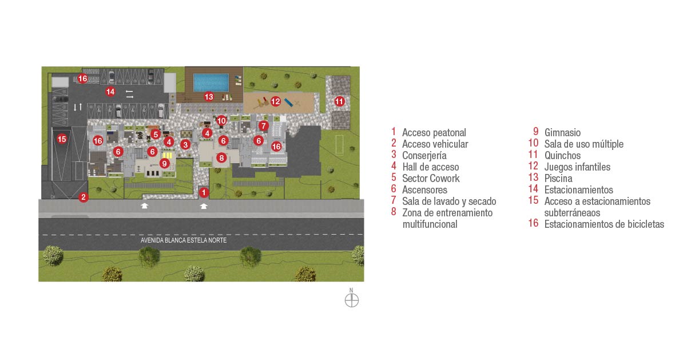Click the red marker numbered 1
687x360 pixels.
[x=204, y=193]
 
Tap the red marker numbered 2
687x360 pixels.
[x=83, y=197]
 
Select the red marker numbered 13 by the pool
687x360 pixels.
[x=209, y=97]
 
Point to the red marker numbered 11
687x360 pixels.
[x=339, y=101]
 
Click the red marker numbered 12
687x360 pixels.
[x=275, y=101]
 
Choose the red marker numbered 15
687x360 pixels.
[x=62, y=139]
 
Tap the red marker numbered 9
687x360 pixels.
[x=164, y=164]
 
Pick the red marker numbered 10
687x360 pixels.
[x=221, y=121]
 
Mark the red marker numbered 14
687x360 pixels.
[x=110, y=92]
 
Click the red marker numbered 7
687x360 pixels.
[x=264, y=125]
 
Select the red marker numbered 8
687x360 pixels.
[x=221, y=158]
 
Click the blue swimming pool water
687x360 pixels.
[x=211, y=82]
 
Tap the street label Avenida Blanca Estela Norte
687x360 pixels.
[x=184, y=240]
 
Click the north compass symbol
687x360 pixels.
[x=351, y=300]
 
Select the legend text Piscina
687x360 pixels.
[x=558, y=179]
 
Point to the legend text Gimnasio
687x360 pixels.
[x=562, y=133]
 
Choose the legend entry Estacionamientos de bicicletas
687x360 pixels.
[x=596, y=224]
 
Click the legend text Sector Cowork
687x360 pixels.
[x=431, y=179]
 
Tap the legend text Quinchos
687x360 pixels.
[x=562, y=155]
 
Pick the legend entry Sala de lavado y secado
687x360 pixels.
[x=443, y=201]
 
